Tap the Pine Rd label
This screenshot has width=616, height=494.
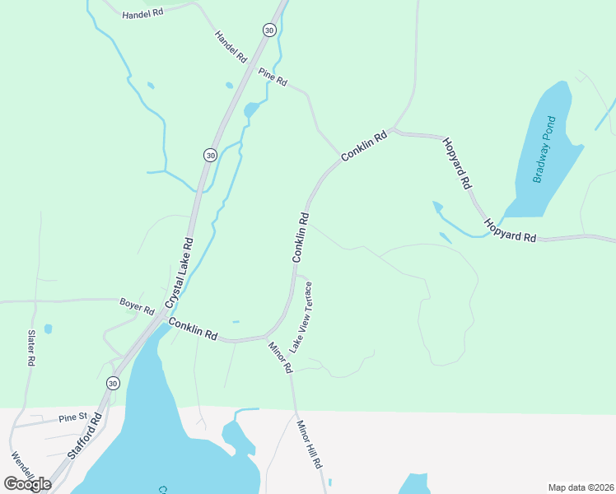272,77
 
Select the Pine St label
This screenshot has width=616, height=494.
73,418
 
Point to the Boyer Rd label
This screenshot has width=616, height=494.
137,305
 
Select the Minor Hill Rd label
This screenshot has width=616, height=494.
309,444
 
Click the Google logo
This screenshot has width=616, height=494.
27,484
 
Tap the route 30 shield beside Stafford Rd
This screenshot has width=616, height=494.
113,383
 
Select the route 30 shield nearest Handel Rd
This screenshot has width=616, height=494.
269,30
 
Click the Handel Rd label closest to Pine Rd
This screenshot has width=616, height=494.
231,47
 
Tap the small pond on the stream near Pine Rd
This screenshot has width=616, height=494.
252,110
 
